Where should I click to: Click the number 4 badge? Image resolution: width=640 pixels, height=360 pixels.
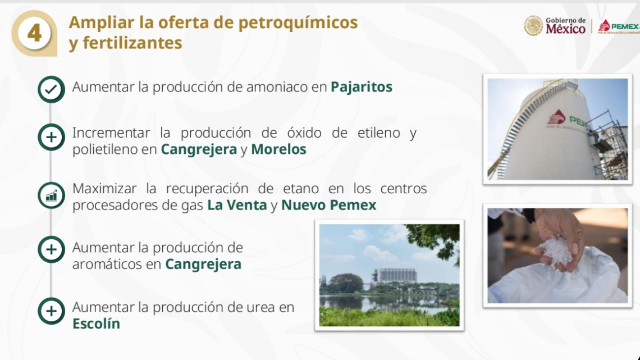tap(34, 33)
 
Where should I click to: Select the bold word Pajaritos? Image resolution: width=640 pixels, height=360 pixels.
tap(362, 88)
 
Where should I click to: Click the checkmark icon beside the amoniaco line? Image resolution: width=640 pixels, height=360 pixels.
tap(51, 89)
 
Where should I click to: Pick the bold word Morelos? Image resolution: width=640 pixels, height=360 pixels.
tap(278, 149)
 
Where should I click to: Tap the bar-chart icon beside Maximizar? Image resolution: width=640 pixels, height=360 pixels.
tap(51, 195)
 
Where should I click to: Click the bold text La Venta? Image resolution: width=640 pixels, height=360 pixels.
tap(237, 206)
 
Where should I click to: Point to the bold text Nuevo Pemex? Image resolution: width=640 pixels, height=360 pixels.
tap(328, 206)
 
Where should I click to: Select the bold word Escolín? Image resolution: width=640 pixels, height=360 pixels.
tap(96, 324)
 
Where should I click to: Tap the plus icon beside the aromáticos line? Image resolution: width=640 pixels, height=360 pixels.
tap(51, 249)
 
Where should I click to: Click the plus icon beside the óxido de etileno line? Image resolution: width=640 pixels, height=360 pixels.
tap(51, 138)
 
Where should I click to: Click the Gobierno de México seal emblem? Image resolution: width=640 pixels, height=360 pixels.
tap(533, 26)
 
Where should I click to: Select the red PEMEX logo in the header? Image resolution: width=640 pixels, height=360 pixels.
tap(618, 26)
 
